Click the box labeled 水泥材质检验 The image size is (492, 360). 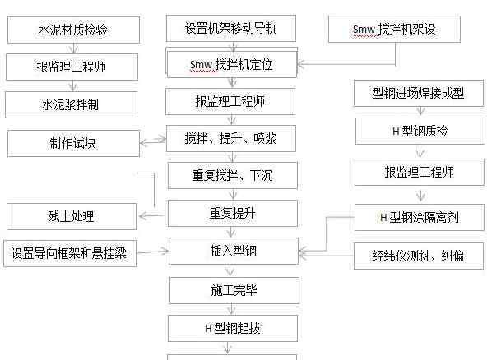[73, 30]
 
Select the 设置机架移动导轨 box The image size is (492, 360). [231, 28]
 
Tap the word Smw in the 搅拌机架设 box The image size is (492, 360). [364, 30]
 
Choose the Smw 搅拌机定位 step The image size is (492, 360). [232, 65]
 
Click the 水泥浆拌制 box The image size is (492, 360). [71, 104]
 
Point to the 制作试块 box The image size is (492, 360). [73, 143]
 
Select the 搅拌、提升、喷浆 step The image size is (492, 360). [231, 138]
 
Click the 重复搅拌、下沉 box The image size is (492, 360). [233, 175]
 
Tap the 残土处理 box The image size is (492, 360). [72, 216]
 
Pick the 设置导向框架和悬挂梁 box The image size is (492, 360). [70, 253]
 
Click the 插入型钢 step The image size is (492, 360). [234, 251]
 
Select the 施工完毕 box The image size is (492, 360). [234, 290]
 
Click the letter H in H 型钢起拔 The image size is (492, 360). [208, 329]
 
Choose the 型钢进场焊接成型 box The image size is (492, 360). [419, 93]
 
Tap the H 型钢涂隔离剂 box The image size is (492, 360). [420, 217]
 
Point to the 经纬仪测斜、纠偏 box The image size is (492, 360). [419, 256]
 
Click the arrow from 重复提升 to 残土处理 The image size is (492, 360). [151, 215]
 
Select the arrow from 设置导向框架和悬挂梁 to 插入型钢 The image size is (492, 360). [153, 252]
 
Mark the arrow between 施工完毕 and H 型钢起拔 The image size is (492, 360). [231, 309]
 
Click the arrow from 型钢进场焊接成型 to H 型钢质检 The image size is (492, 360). [420, 111]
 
